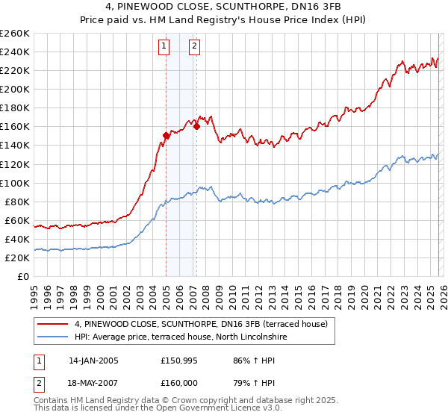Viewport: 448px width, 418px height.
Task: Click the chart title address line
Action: coord(223,7)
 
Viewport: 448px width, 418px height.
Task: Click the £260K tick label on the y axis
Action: coord(15,33)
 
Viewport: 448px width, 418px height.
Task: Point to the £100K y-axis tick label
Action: coord(15,183)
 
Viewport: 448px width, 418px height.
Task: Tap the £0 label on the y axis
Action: coord(23,277)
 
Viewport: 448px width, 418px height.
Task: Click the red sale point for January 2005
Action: coord(166,135)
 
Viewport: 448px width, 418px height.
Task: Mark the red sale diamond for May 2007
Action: coord(196,126)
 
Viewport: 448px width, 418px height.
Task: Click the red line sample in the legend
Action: coord(52,324)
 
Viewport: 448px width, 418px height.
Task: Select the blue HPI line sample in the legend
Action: coord(52,337)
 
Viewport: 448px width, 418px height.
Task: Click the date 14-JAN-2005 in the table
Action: coord(93,361)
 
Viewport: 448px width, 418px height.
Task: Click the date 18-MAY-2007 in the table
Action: coord(93,384)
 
